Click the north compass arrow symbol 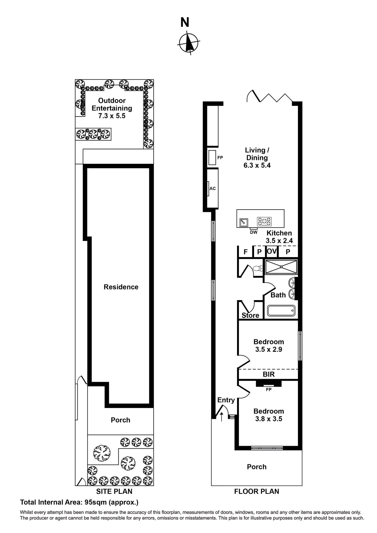tap(189, 43)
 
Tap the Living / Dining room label tap(257, 154)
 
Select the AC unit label tap(212, 189)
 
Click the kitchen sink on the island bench tap(244, 222)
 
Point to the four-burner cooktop tap(264, 221)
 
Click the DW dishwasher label tap(254, 232)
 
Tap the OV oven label tap(272, 251)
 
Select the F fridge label tap(246, 252)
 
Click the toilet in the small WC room tap(257, 268)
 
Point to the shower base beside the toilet tap(281, 267)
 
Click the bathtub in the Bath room tap(281, 311)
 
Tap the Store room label tap(250, 315)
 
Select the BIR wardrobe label tap(268, 374)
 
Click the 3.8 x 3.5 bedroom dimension tap(269, 419)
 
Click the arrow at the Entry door tap(221, 416)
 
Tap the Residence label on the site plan tap(121, 287)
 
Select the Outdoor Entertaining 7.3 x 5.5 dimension tap(112, 116)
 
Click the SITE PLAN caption tap(114, 491)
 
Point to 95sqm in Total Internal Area tap(95, 502)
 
